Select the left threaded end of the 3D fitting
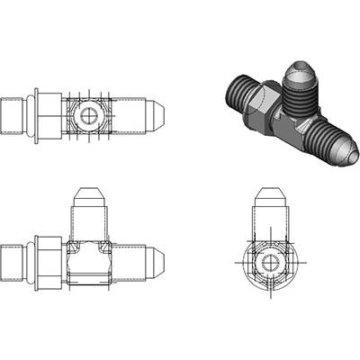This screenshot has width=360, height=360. click(x=236, y=91)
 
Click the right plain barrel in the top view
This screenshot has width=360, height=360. click(x=130, y=115)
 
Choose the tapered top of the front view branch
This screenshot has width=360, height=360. click(x=89, y=195)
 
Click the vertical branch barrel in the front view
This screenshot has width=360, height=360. click(x=89, y=220)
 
